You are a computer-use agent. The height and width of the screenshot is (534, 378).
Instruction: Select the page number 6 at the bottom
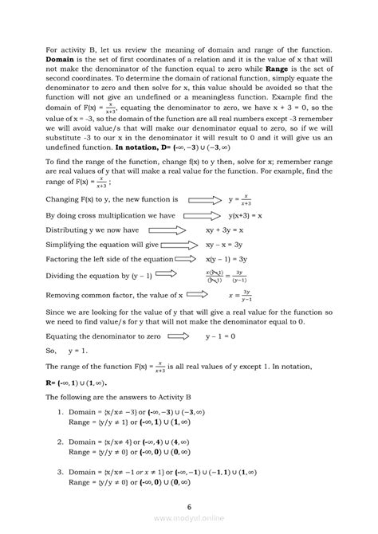click(x=188, y=506)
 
